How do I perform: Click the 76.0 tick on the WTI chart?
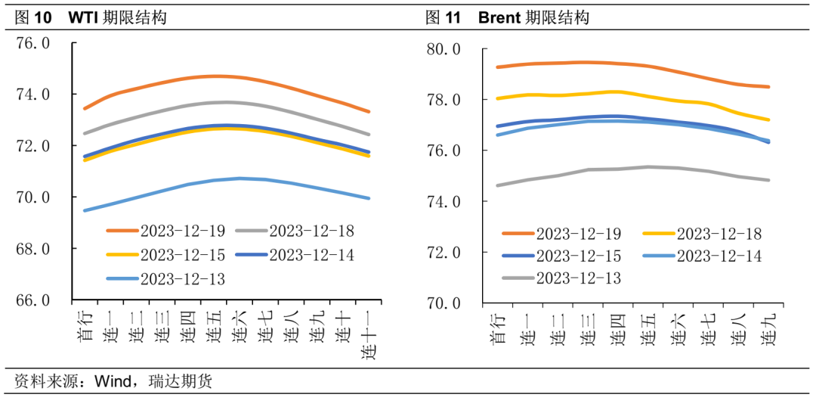tap(34, 44)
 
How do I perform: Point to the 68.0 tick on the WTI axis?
tap(34, 249)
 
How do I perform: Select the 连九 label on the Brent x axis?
tap(767, 330)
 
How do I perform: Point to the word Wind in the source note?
tap(111, 381)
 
